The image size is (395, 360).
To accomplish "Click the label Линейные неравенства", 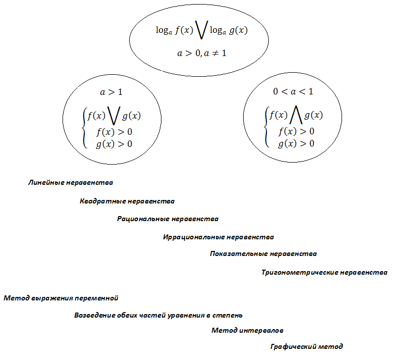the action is (x=71, y=182).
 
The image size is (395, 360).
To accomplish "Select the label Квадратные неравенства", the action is (x=127, y=201).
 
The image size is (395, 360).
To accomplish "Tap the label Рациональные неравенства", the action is (x=167, y=219).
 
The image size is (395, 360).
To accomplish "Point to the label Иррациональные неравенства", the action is (x=218, y=237).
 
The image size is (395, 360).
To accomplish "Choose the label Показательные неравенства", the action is (x=263, y=254).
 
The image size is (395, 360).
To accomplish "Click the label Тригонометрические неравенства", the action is (x=324, y=273).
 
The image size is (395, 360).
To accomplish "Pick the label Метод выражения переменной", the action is (x=61, y=298).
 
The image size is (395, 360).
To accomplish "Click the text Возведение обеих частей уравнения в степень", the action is (x=158, y=316).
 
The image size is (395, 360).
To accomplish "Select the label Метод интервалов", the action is (x=247, y=331).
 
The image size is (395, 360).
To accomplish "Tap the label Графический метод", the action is (x=306, y=347).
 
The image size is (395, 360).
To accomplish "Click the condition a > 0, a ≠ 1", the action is (x=202, y=53).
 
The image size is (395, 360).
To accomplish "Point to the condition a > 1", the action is (x=111, y=92).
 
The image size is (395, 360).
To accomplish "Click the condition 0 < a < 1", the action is (x=293, y=91).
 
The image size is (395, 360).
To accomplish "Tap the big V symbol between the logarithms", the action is (x=202, y=30).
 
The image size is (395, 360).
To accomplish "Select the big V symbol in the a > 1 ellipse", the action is (x=114, y=116).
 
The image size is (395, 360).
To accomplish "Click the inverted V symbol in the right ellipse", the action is (x=296, y=115).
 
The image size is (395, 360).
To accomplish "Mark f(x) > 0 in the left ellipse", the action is (x=114, y=132).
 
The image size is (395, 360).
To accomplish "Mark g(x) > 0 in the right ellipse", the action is (x=296, y=144).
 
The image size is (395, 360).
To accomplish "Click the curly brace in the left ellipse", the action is (x=85, y=128).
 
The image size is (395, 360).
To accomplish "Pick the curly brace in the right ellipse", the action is (x=267, y=127).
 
